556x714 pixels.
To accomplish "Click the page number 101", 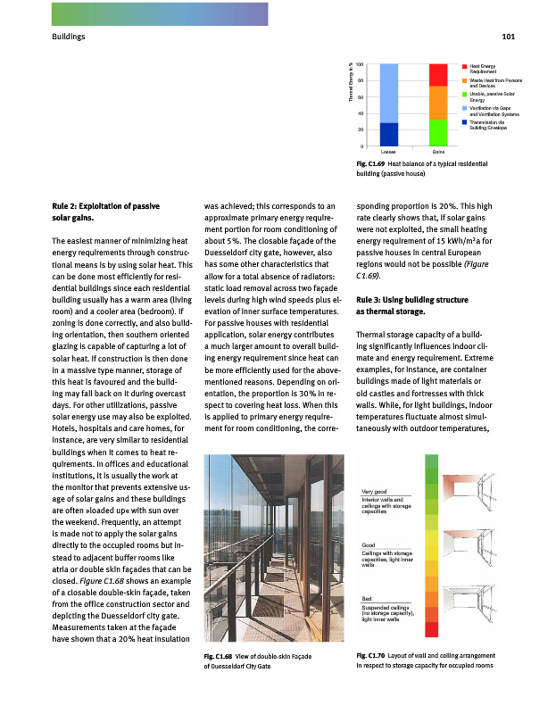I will [x=510, y=37].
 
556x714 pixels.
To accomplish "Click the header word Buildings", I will [x=69, y=37].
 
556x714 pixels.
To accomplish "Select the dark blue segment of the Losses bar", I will [x=389, y=134].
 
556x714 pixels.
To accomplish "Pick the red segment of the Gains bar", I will [x=438, y=75].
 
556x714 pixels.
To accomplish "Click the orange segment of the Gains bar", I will [x=438, y=103].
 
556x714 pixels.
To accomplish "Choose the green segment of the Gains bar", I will [x=438, y=132].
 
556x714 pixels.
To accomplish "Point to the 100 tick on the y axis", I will [x=359, y=65].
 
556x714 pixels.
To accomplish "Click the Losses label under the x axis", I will [x=389, y=154].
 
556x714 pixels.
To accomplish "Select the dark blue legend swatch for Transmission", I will [x=465, y=121].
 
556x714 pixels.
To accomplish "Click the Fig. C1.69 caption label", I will [x=369, y=165].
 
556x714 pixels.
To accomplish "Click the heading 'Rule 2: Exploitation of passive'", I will [x=106, y=206].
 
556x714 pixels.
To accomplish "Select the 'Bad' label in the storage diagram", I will [x=367, y=598].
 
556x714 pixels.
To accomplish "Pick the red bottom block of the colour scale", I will [x=432, y=630].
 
